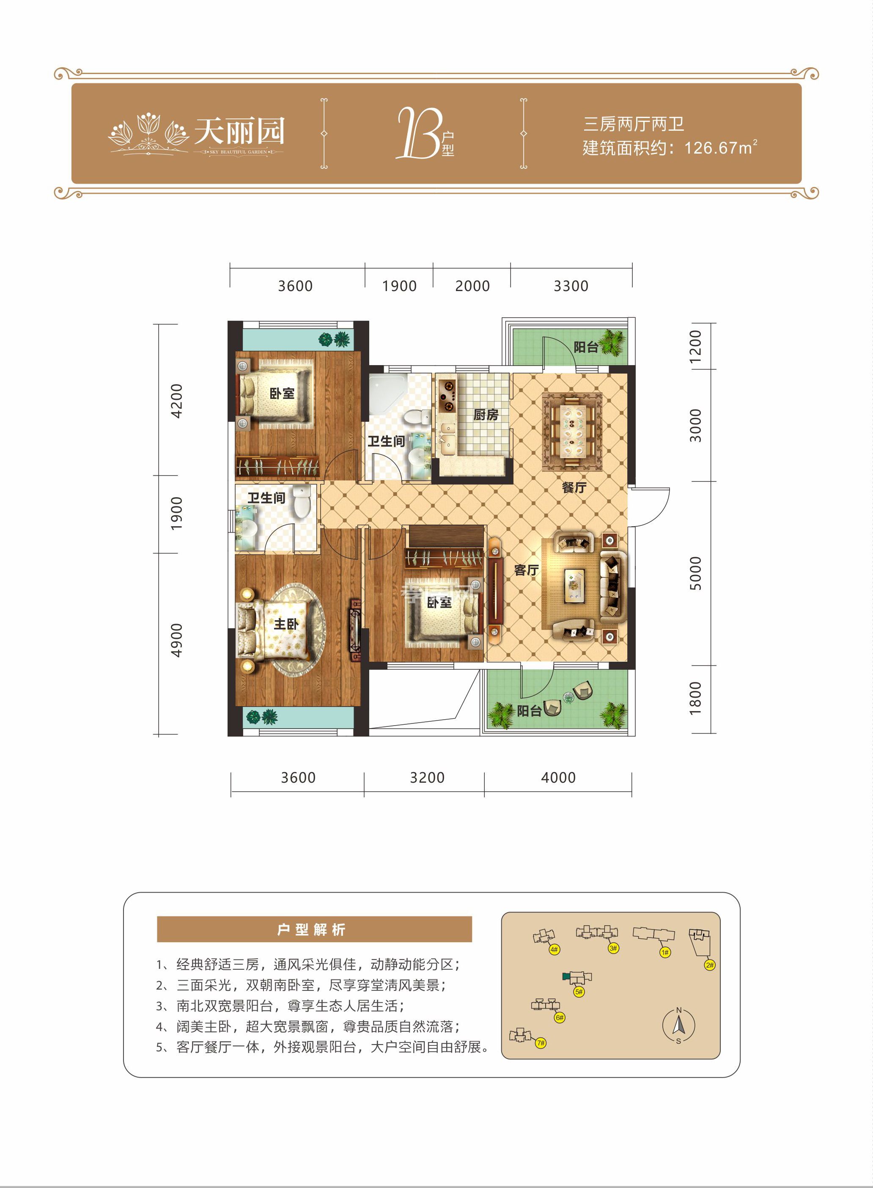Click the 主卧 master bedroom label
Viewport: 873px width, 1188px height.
click(286, 624)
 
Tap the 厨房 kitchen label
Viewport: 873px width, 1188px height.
click(485, 415)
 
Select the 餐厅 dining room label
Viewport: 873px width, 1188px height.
click(574, 487)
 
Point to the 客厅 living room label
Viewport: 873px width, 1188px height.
click(526, 570)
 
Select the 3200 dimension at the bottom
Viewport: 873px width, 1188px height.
click(427, 777)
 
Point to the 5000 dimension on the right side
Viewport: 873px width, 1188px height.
click(695, 573)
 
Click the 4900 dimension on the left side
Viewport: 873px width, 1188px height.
click(176, 641)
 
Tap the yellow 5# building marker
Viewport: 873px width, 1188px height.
click(579, 992)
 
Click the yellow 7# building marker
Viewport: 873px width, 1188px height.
click(541, 1043)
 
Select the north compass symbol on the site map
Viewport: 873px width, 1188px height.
click(678, 1025)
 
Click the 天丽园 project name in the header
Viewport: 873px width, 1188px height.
click(239, 131)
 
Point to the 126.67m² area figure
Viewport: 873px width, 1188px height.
click(720, 148)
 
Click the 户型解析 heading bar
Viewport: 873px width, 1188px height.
click(314, 929)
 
